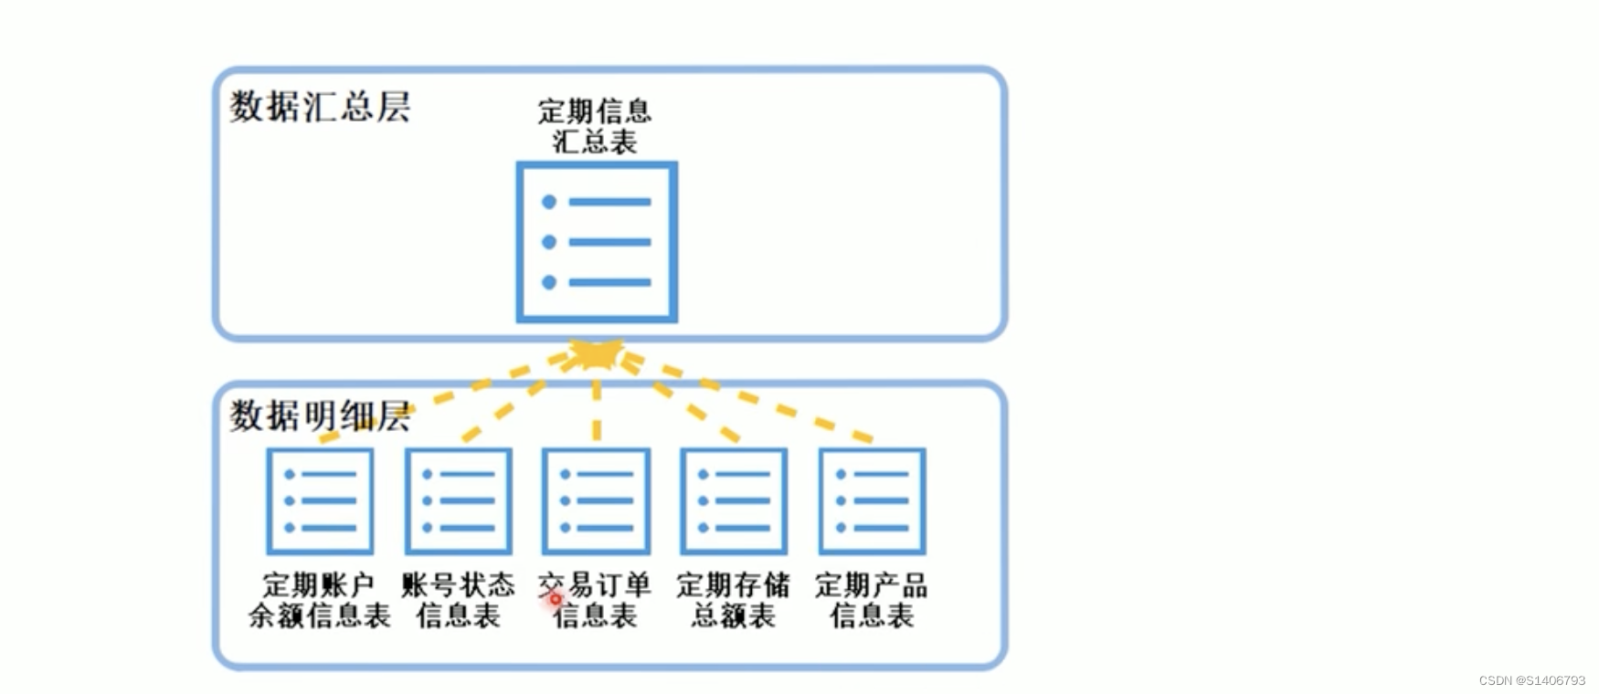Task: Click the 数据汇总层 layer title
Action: click(320, 107)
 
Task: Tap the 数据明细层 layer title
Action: click(320, 416)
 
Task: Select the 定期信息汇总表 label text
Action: click(595, 126)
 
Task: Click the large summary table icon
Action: click(597, 242)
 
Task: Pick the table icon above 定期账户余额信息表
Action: click(320, 500)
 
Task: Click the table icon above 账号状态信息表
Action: click(458, 500)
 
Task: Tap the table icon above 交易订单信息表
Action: click(596, 500)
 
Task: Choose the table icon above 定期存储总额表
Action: click(734, 500)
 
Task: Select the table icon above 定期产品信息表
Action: click(872, 500)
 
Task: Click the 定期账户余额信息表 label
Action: click(320, 600)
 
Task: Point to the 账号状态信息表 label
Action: click(458, 600)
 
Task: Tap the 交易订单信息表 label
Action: click(596, 600)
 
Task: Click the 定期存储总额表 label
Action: click(734, 600)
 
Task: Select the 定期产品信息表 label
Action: click(872, 600)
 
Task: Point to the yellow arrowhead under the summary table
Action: click(595, 353)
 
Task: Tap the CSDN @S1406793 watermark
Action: click(1531, 680)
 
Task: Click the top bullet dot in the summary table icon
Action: click(549, 202)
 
